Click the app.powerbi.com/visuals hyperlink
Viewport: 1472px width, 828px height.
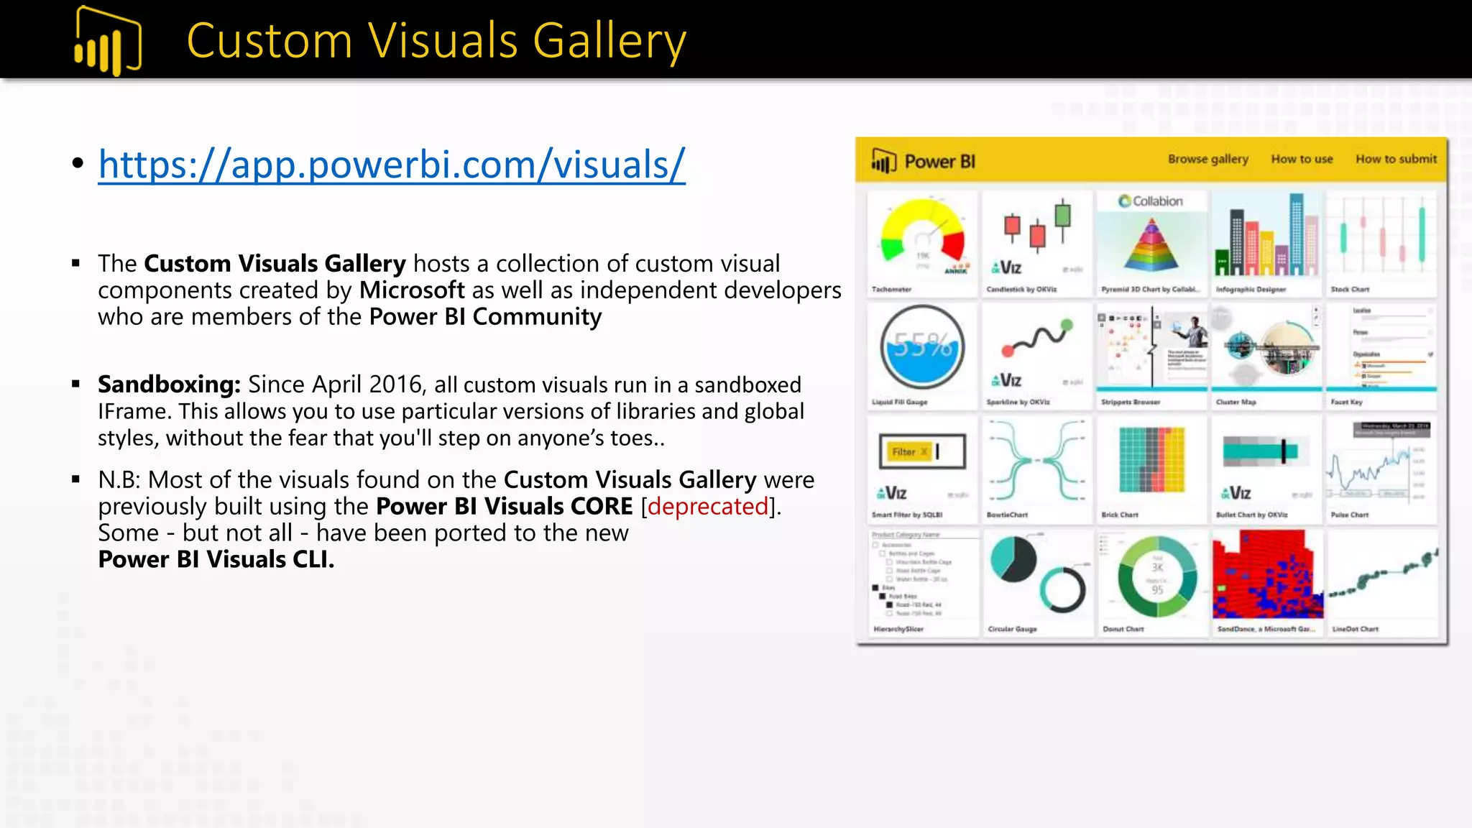[392, 165]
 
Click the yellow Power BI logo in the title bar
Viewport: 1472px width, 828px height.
[108, 41]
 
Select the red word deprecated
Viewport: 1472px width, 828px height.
[708, 507]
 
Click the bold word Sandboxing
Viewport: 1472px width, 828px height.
[169, 385]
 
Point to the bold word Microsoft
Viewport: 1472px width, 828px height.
[412, 290]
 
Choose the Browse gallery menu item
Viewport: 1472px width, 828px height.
[1207, 159]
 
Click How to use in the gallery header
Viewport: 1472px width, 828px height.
[1302, 159]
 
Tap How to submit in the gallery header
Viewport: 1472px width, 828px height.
[1396, 159]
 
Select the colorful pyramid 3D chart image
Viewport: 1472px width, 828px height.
[1151, 245]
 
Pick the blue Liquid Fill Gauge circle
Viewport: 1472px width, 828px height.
[922, 348]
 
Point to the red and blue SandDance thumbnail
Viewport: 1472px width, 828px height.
[1267, 574]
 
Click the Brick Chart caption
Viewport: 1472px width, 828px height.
[1119, 515]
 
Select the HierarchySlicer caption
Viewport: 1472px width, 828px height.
[898, 629]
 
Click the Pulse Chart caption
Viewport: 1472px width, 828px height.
[1349, 515]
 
